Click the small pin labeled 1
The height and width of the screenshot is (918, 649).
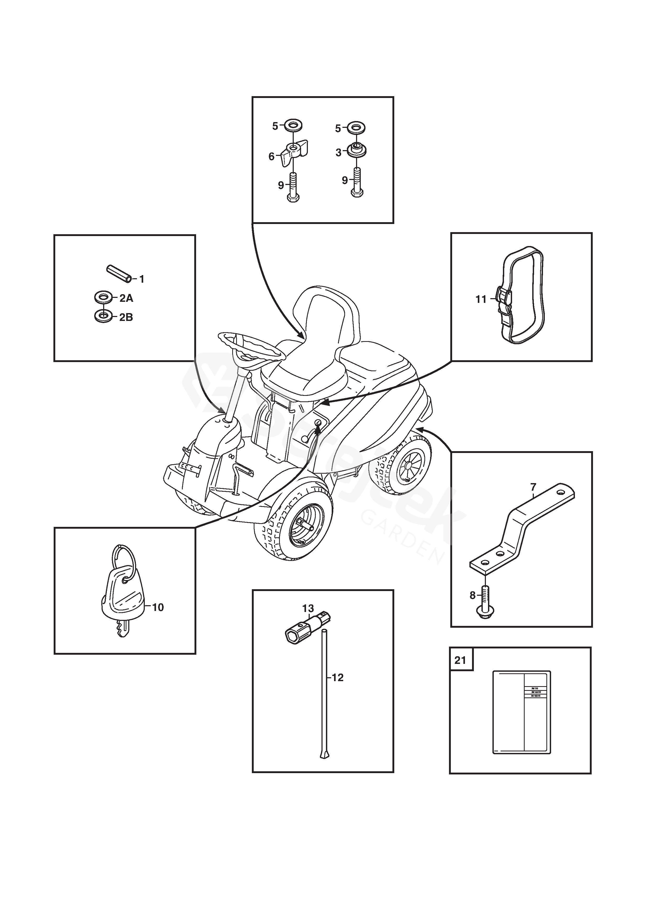(x=118, y=274)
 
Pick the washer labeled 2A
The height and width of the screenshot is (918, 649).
(x=103, y=297)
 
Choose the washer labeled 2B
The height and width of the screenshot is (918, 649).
(x=103, y=317)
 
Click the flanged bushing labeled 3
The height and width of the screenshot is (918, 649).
(x=357, y=150)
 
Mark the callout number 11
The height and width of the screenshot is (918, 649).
(x=481, y=299)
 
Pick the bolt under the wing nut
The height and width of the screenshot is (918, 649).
(x=293, y=188)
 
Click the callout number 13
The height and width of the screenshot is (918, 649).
(x=308, y=609)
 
